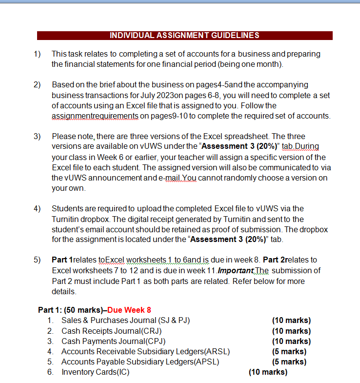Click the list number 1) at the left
point(37,53)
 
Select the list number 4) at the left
point(37,208)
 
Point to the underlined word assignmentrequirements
point(95,116)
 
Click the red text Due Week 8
point(129,310)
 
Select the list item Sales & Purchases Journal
point(125,321)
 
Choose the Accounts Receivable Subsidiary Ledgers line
point(145,351)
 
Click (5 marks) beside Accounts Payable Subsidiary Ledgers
point(289,362)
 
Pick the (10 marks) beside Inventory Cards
point(268,372)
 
